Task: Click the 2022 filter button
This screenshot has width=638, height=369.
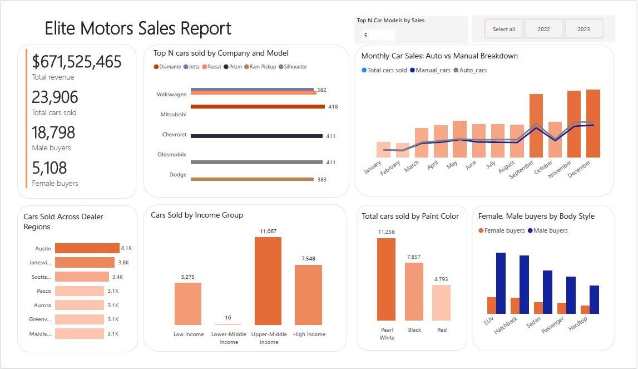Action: point(543,29)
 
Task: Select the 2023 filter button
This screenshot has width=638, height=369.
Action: point(583,29)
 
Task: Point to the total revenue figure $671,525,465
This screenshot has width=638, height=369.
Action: point(77,62)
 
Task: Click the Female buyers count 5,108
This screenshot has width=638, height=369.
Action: point(50,168)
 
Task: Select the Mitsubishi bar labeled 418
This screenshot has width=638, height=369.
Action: point(258,106)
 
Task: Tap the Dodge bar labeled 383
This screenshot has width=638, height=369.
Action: point(252,179)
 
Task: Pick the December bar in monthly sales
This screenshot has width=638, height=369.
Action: point(593,124)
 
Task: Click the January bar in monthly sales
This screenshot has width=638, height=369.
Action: point(383,149)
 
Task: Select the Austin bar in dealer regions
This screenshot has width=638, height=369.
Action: point(87,248)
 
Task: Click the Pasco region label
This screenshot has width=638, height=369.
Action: point(44,291)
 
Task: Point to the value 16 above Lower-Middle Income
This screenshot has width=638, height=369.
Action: point(228,318)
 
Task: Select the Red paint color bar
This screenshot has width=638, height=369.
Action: point(441,303)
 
